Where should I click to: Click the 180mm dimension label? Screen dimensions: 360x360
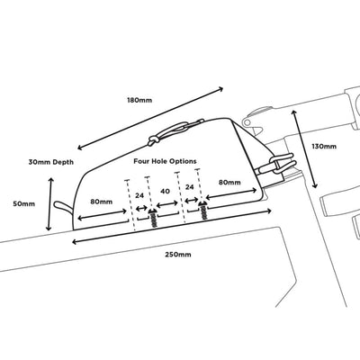(139, 100)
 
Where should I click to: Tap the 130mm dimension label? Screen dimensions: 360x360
(324, 147)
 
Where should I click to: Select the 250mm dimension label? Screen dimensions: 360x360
(178, 255)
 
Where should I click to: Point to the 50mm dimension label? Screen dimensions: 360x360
(24, 204)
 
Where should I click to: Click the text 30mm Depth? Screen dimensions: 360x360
(51, 162)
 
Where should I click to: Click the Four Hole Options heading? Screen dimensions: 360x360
(165, 161)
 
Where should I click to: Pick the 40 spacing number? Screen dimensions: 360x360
(165, 191)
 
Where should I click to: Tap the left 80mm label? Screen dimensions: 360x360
(102, 202)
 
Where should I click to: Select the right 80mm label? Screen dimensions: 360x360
(229, 182)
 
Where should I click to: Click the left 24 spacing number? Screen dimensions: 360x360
(139, 195)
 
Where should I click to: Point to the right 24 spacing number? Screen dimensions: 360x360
(189, 187)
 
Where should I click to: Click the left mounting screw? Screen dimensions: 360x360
(154, 219)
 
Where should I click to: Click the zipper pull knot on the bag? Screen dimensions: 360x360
(154, 140)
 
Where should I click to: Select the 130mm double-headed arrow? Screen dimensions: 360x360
(303, 148)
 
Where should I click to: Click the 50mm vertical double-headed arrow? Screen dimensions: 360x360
(49, 204)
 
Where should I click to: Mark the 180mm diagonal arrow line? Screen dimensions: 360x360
(150, 118)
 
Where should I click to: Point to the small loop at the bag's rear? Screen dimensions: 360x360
(63, 208)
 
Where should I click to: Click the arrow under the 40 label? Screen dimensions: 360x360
(167, 204)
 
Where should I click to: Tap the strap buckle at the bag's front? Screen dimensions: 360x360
(277, 164)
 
